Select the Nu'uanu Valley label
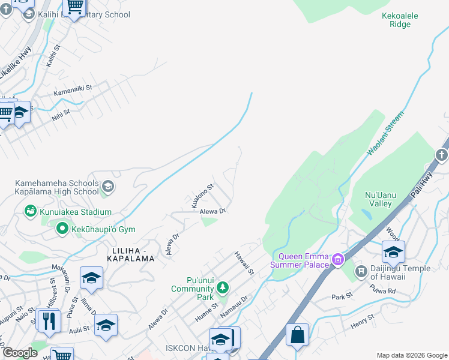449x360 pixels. coord(387,199)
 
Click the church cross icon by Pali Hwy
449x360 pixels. coord(441,155)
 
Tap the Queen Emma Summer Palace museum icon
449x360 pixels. coord(338,259)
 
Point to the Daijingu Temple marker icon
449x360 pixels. coord(360,271)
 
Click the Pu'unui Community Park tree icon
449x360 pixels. coord(223,288)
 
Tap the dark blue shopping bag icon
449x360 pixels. coord(298,335)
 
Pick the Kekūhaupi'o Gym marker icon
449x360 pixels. coord(62,229)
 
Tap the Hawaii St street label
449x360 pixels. coord(244,263)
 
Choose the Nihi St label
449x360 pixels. coord(61,113)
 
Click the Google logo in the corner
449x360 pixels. coord(20,353)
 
